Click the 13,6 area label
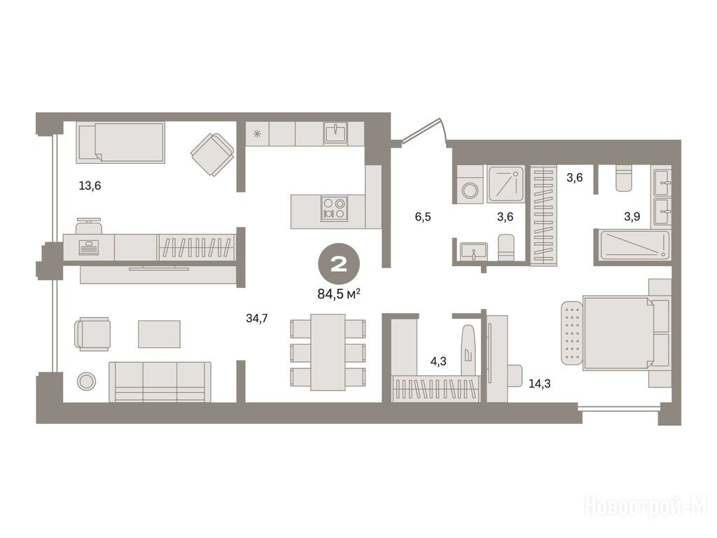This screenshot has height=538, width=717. [90, 186]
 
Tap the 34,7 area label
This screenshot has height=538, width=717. [257, 318]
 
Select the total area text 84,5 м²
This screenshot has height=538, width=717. [338, 294]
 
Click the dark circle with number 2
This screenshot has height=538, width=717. [339, 264]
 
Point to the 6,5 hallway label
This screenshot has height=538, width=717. [422, 216]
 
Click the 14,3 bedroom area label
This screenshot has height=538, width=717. [540, 384]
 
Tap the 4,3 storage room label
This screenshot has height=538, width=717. [438, 361]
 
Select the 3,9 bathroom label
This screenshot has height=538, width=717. [632, 216]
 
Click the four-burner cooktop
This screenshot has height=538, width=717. [334, 208]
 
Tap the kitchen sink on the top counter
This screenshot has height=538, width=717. [335, 132]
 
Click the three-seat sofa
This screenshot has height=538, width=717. [160, 382]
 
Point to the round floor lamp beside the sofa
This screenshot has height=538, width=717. [86, 380]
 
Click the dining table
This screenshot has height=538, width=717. [328, 352]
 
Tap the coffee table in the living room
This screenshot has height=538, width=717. [159, 333]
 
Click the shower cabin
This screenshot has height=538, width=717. [506, 184]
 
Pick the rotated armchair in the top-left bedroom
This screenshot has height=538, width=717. [212, 154]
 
